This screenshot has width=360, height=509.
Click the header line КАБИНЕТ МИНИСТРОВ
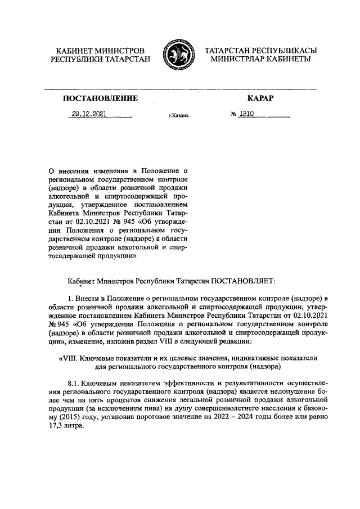(100, 51)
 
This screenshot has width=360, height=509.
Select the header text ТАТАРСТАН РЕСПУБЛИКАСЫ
(260, 51)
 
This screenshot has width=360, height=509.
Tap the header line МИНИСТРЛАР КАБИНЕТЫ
(260, 60)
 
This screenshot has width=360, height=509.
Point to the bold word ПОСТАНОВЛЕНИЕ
(100, 99)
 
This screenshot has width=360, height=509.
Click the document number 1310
(247, 114)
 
